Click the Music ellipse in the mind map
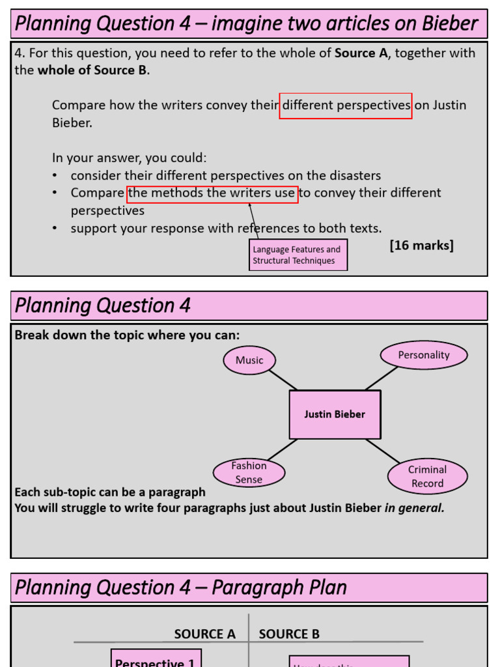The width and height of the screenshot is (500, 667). [x=249, y=360]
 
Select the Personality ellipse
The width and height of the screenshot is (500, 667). [x=424, y=355]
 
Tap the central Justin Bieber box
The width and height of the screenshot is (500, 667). [x=335, y=414]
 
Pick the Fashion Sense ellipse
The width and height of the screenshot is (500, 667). [x=249, y=472]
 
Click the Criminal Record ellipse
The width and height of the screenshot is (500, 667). [x=427, y=476]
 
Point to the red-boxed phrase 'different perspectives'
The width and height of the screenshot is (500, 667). [x=346, y=106]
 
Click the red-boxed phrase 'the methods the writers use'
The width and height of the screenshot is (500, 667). [x=212, y=193]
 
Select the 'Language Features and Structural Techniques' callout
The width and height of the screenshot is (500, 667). [x=298, y=255]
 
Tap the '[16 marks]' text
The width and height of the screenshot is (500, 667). [x=421, y=245]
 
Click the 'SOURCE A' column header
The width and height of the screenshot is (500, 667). [x=204, y=634]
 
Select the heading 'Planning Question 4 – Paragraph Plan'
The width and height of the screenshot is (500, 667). [x=180, y=588]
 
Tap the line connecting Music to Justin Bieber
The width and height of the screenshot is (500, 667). [x=283, y=380]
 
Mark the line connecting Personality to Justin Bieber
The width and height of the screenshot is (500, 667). [x=382, y=378]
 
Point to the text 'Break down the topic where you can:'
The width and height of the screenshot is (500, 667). [x=127, y=335]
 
